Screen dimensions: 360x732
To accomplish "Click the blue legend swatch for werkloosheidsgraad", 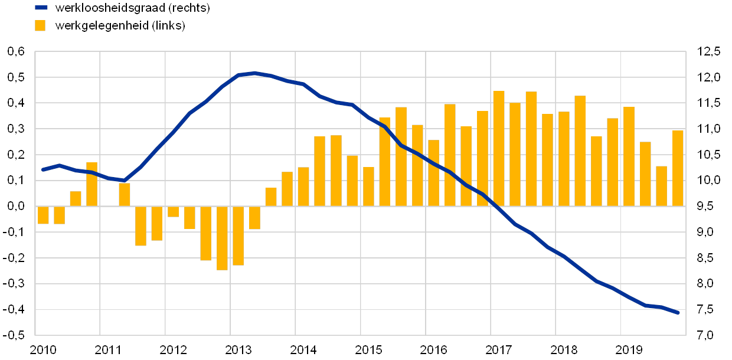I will coord(41,8).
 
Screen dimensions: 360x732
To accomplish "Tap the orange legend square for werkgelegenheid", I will coord(41,26).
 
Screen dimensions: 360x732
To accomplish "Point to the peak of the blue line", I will coord(254,73).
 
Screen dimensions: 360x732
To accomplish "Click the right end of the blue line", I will coord(678,312).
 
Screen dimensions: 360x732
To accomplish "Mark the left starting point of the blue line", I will coord(43,169).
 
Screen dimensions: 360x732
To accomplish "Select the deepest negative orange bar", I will coord(222,238).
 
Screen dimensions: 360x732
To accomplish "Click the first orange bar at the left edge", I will coord(43,215).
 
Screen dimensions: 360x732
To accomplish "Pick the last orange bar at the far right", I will coord(678,168).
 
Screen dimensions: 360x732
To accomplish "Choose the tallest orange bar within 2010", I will coord(91,184).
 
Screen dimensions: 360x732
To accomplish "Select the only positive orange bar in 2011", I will coord(124,194).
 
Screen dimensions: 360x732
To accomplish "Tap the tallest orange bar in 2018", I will coord(580,150).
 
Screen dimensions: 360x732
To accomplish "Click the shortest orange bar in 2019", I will coord(661,186).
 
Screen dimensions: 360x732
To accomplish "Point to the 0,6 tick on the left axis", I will coord(16,52).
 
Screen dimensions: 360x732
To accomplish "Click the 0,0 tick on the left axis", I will coord(16,206).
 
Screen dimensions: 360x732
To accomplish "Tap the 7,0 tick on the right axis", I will coord(708,335).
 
